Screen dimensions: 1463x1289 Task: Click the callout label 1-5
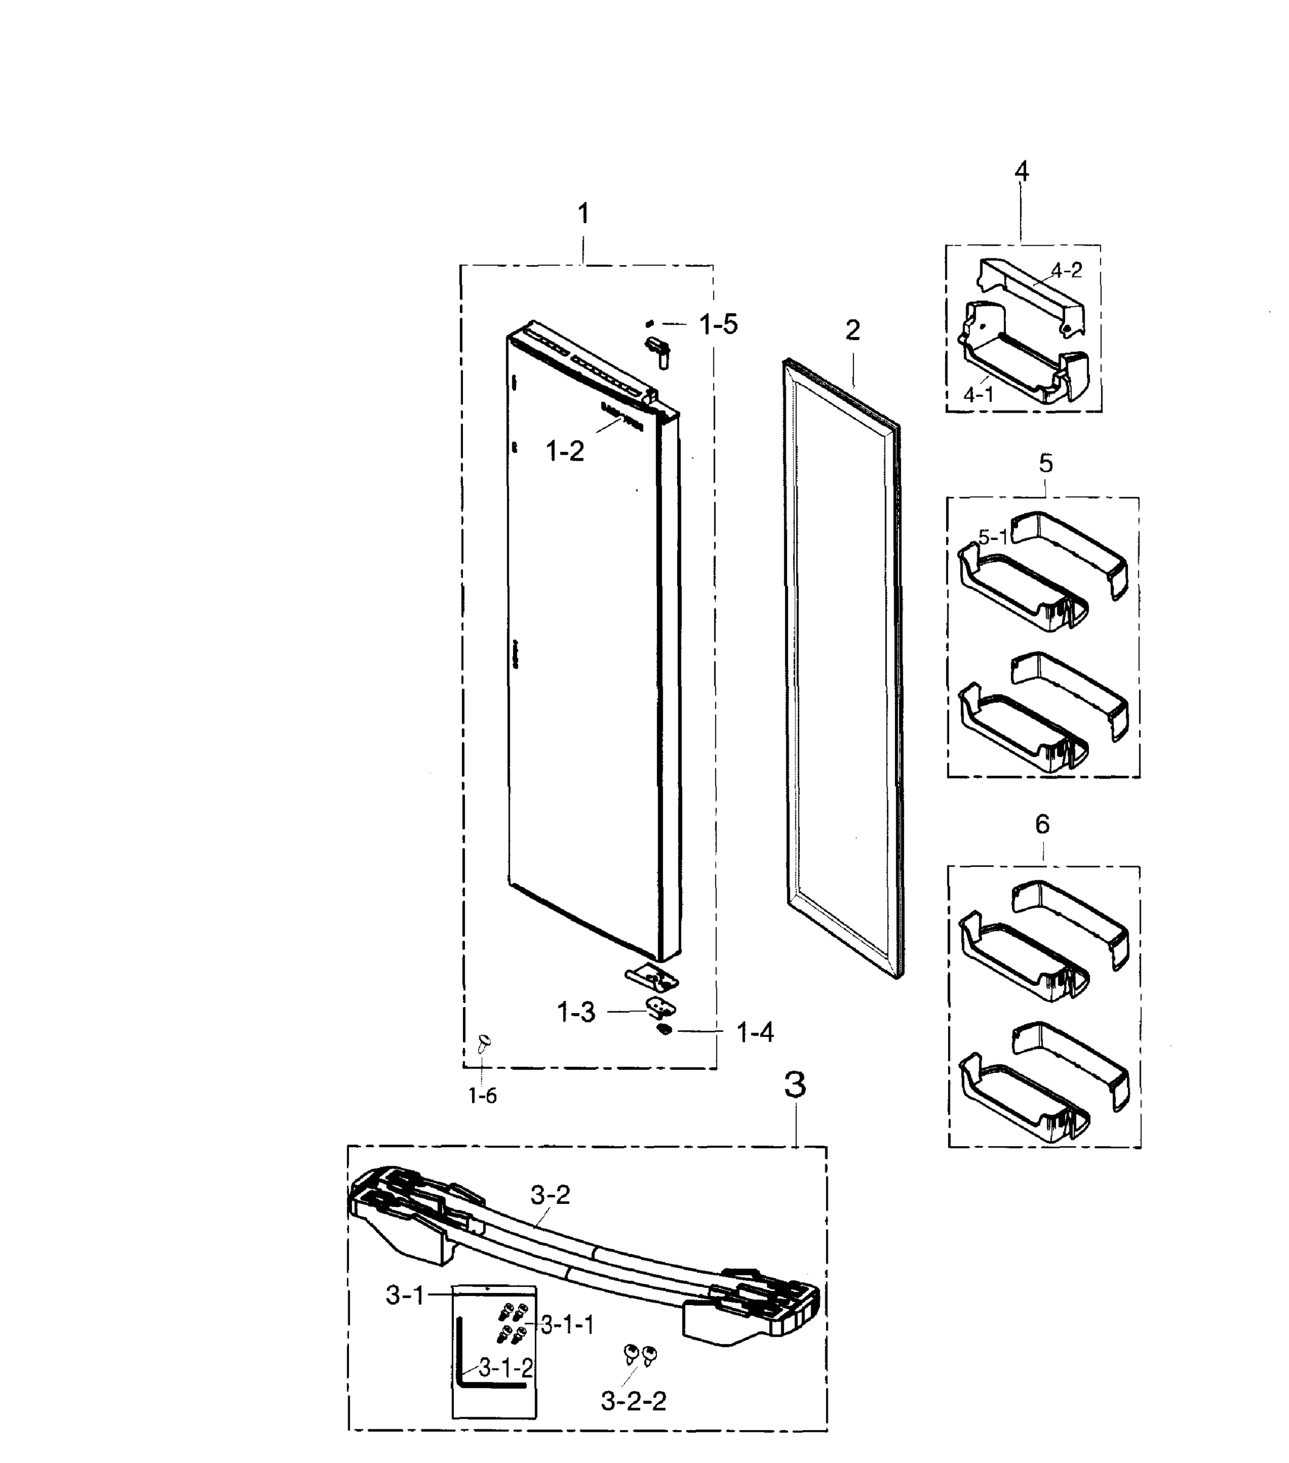coord(717,324)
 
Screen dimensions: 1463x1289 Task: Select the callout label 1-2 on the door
coord(564,451)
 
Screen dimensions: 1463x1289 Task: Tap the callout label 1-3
coord(576,1012)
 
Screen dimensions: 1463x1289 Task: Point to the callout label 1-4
coord(755,1032)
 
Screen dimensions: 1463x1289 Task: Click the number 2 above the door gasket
coord(852,330)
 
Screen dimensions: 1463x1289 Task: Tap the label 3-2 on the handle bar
coord(550,1195)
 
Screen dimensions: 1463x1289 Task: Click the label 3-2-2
coord(633,1400)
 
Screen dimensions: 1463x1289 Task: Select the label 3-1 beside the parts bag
coord(405,1294)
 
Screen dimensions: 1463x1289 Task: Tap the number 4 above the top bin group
coord(1021,171)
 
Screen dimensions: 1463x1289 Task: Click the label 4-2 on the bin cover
coord(1066,270)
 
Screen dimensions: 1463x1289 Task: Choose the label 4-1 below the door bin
coord(978,394)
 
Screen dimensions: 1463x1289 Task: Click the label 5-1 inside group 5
coord(993,536)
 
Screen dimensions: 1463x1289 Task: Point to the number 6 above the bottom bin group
coord(1042,825)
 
